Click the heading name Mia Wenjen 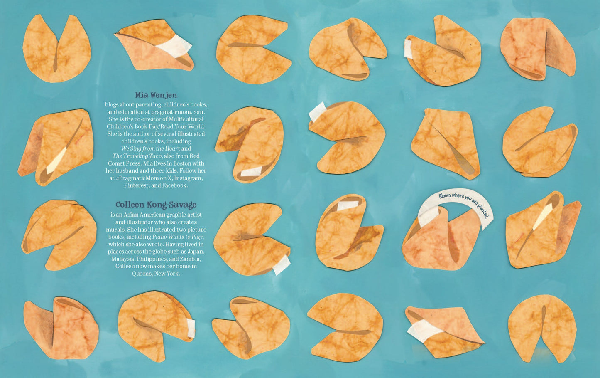tap(156, 95)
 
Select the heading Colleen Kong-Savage tap(156, 205)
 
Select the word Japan tap(196, 252)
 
